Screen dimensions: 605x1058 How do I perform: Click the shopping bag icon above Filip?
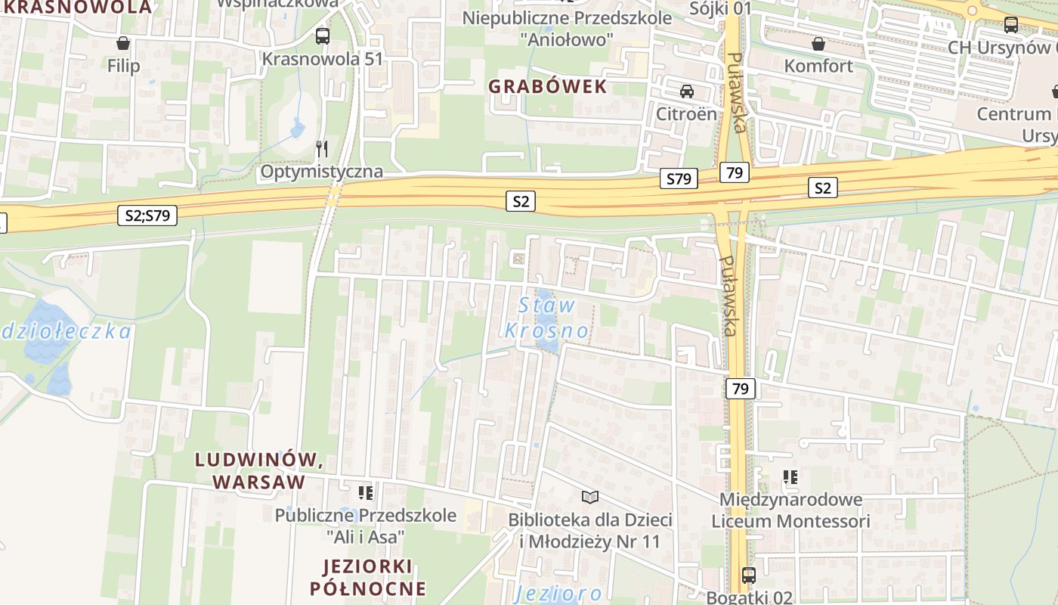coord(123,43)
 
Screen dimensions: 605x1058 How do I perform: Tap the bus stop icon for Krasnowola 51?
coord(323,36)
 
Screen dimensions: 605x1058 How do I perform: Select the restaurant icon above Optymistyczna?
coord(322,148)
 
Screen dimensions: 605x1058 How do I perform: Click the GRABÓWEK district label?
coord(548,86)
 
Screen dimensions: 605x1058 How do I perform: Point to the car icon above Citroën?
coord(686,92)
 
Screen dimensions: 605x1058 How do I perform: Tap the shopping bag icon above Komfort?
coord(818,43)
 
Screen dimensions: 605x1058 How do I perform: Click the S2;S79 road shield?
coord(147,216)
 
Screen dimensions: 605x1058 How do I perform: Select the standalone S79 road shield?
coord(679,179)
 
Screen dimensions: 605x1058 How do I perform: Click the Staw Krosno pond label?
coord(547,318)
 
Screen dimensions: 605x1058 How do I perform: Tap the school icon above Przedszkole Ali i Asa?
coord(366,493)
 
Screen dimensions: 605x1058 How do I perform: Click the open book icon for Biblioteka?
coord(590,497)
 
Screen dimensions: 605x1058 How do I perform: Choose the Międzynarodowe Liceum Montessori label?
coord(790,510)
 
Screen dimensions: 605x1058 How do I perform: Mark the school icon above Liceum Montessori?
coord(790,477)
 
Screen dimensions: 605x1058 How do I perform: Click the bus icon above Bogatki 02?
coord(749,575)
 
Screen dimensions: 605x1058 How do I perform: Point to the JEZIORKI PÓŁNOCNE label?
coord(367,577)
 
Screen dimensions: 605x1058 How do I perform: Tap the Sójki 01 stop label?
coord(721,8)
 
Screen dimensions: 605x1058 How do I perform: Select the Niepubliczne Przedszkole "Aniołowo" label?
coord(567,28)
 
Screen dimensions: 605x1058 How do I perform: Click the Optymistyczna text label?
coord(321,172)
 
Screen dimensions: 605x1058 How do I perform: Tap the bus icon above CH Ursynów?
coord(1011,24)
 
